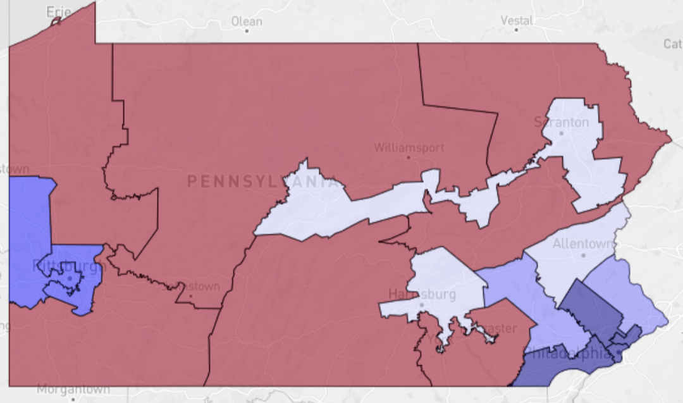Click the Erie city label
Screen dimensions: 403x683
pos(59,11)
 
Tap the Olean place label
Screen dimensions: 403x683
pos(247,21)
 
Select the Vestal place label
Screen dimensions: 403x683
pos(516,20)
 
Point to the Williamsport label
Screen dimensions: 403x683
pos(409,147)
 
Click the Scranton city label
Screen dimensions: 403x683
pos(561,122)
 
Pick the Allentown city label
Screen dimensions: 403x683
pos(583,244)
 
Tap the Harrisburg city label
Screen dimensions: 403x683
pos(422,294)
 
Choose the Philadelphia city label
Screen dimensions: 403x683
pos(569,353)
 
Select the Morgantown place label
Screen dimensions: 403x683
pos(73,389)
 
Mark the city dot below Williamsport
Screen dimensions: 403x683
pos(409,158)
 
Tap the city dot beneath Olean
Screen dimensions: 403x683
pos(247,30)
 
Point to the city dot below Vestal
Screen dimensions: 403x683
pos(516,30)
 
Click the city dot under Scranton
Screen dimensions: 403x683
pos(561,133)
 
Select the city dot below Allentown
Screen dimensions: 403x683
pos(583,255)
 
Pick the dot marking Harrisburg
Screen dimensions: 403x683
pos(422,304)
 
